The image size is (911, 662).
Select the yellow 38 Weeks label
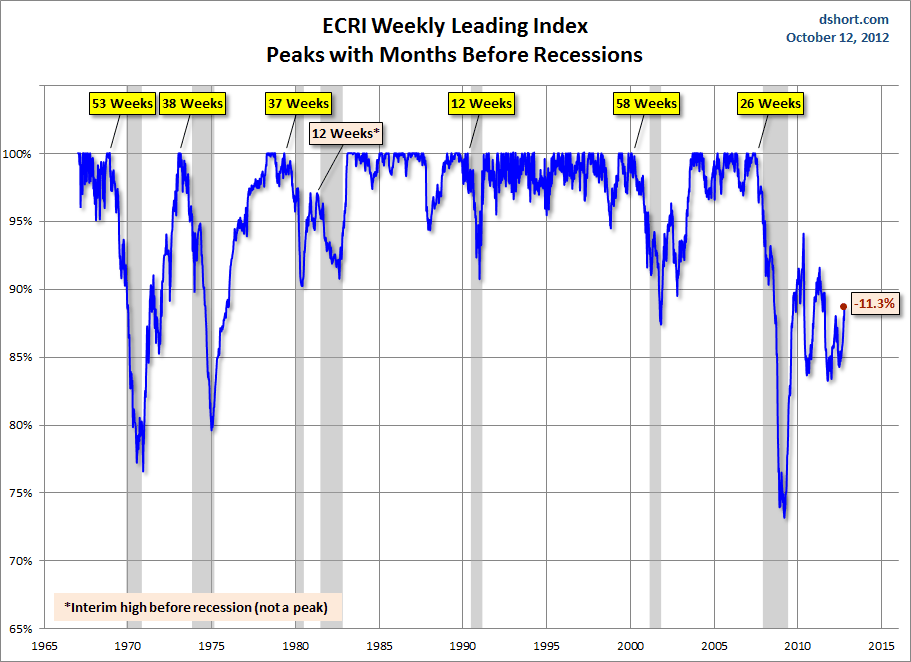193,103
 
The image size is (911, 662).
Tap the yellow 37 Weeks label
298,103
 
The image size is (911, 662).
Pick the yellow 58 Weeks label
645,103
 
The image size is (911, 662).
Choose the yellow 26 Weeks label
770,103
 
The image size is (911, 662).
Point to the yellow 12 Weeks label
481,103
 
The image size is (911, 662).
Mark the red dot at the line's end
844,307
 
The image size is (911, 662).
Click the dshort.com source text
853,19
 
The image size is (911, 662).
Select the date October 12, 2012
837,38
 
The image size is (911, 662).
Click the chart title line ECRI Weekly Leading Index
454,26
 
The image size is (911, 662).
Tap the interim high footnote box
196,607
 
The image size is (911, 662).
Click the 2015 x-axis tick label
881,646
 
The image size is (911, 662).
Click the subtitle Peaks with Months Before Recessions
454,54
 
